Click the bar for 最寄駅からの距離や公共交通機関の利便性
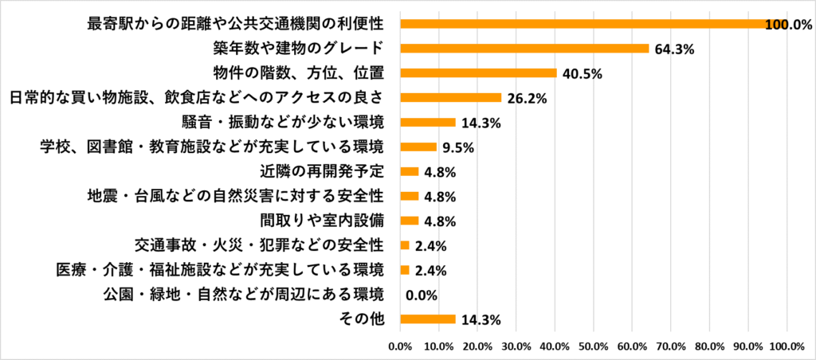click(x=593, y=24)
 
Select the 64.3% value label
click(x=674, y=49)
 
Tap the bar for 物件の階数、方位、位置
click(x=478, y=73)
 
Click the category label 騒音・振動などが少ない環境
click(x=284, y=123)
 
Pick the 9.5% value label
click(x=458, y=147)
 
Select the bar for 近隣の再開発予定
click(x=409, y=171)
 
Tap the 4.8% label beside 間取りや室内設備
click(x=440, y=221)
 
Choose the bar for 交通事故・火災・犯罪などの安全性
click(x=404, y=245)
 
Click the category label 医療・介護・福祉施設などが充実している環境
click(x=219, y=270)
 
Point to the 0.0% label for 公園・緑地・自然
click(x=422, y=295)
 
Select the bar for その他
click(x=427, y=319)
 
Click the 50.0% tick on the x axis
click(x=593, y=346)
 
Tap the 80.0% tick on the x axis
click(x=709, y=346)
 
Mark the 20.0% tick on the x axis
click(x=477, y=346)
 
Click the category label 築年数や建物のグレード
click(x=300, y=49)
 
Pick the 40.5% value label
click(x=582, y=74)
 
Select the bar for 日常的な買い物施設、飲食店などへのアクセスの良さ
click(x=450, y=98)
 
